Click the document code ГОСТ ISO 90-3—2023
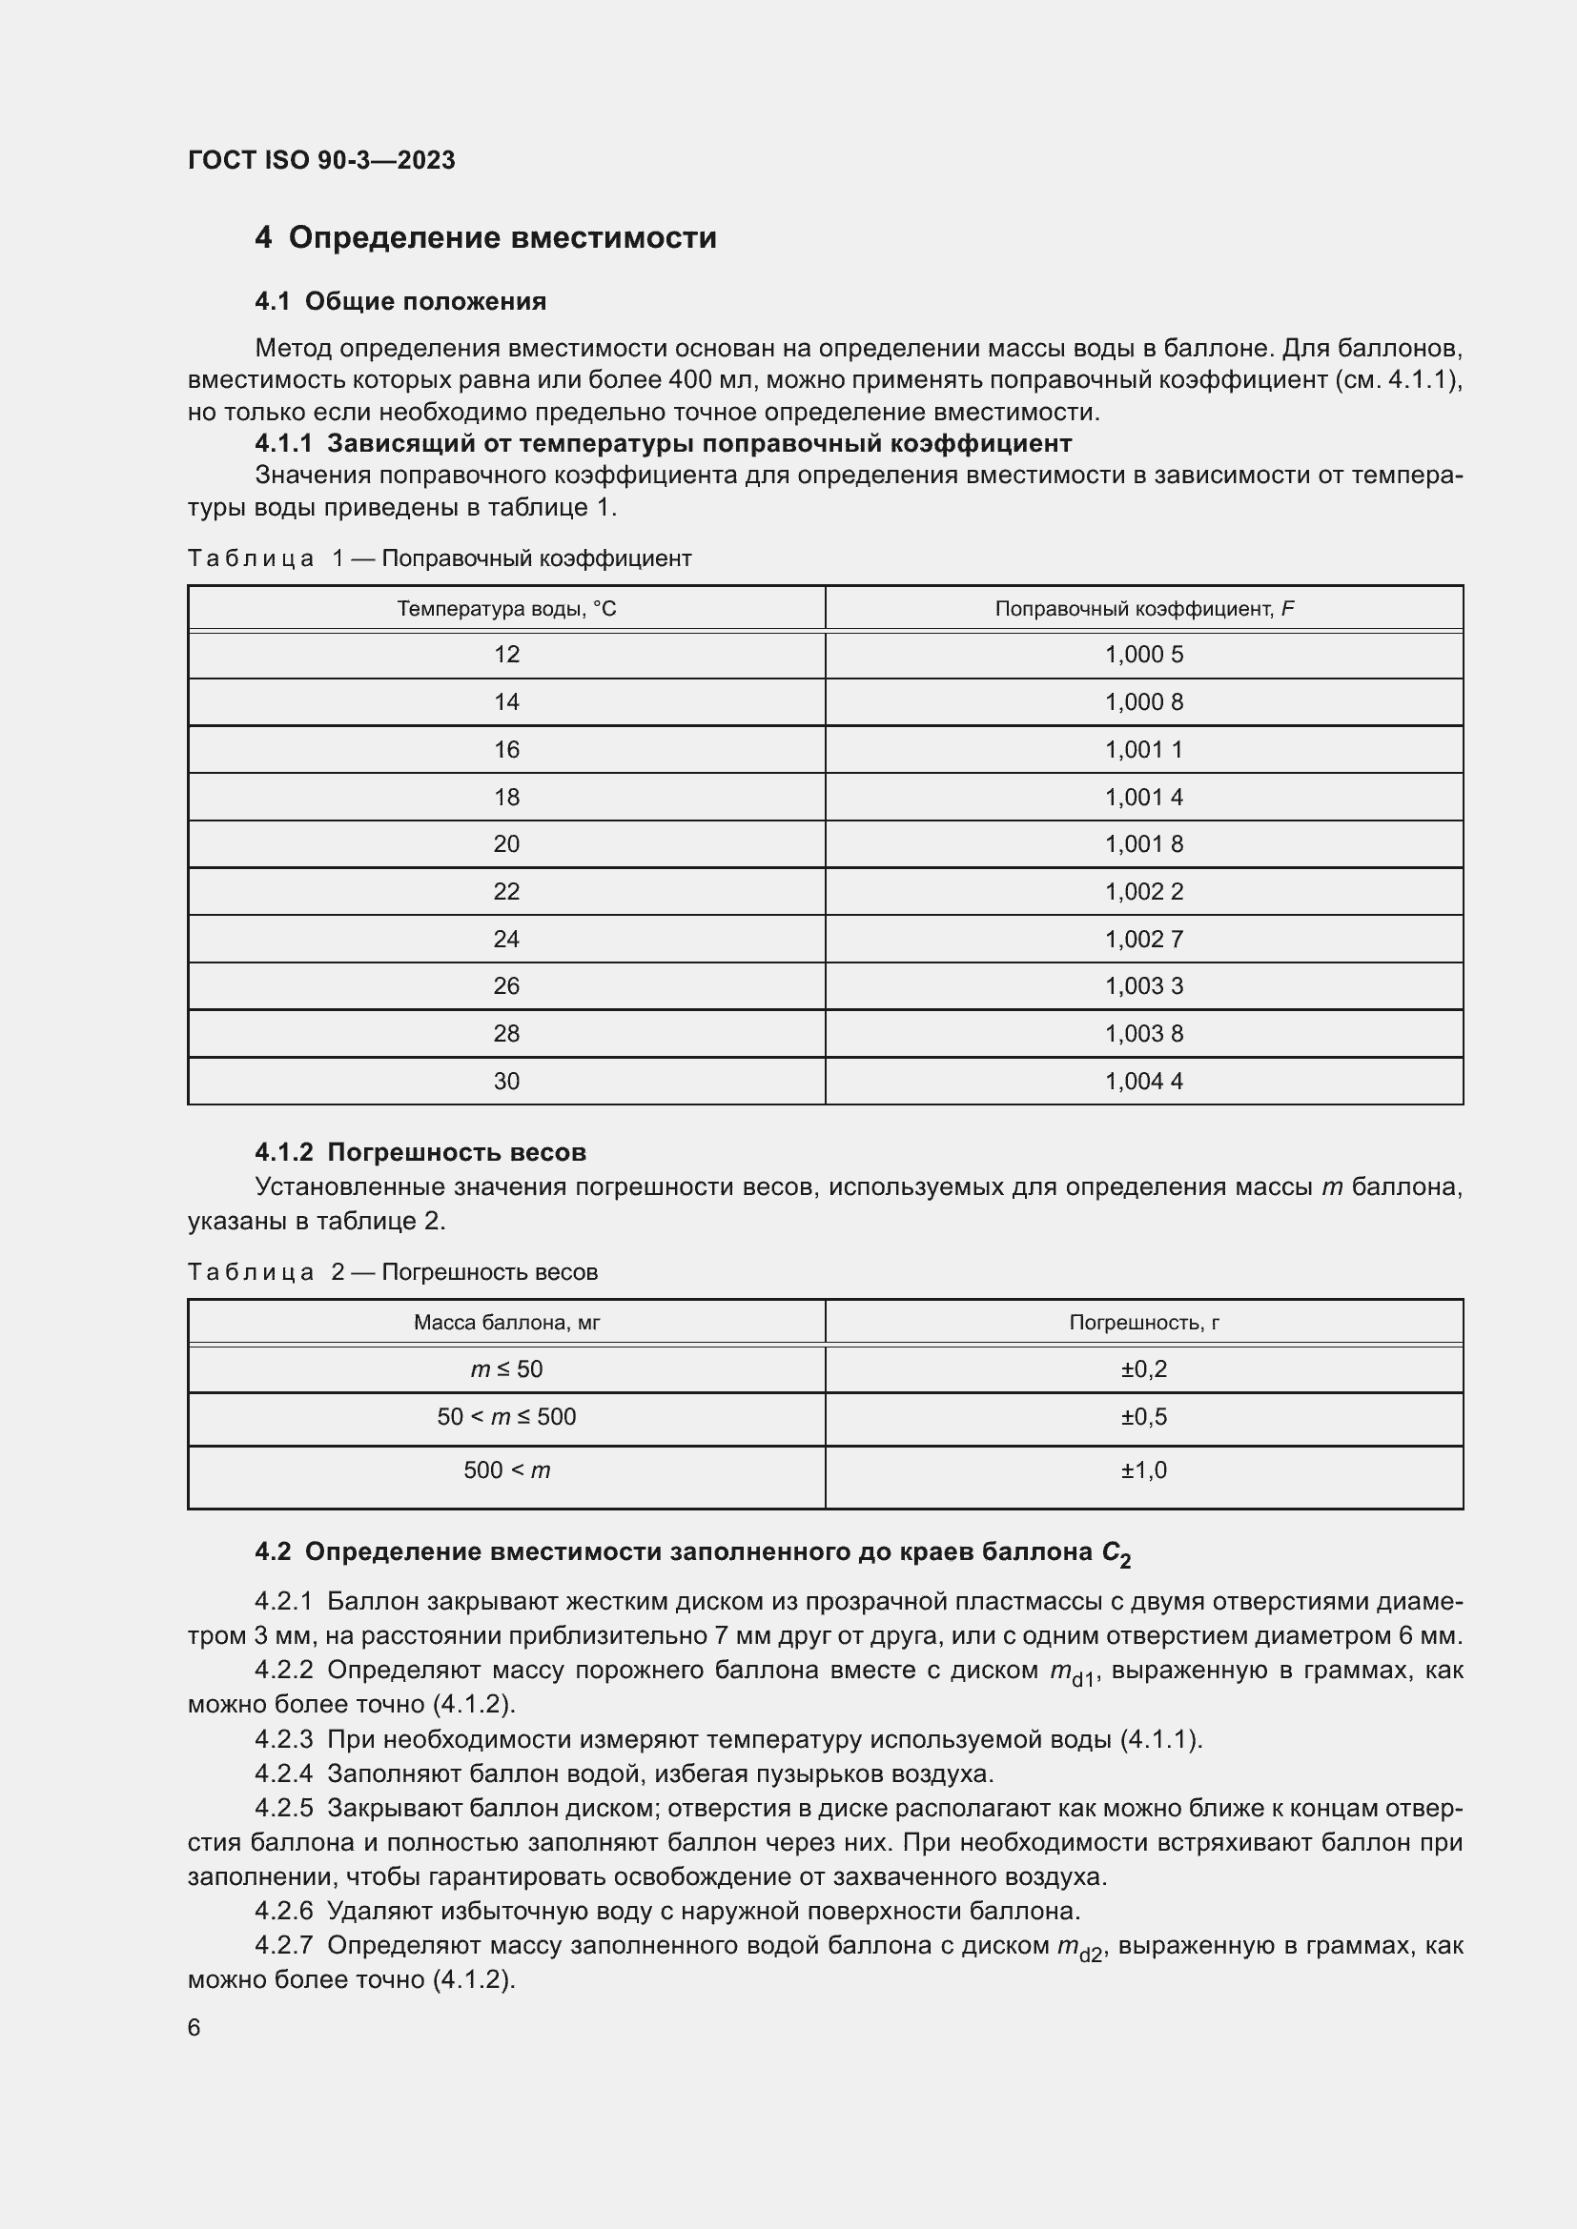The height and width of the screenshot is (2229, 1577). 320,160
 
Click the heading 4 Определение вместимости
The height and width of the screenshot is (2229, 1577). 485,238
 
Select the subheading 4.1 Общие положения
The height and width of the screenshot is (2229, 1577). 400,302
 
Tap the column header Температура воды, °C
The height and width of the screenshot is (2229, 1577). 506,609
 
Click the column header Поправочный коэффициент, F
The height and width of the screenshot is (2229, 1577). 1144,609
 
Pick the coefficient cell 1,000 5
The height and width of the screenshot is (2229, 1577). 1144,655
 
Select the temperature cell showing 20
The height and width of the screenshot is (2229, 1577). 506,843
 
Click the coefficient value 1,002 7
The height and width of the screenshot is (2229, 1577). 1144,939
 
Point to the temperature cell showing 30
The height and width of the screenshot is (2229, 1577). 506,1081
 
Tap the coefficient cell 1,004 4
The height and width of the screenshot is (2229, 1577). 1144,1081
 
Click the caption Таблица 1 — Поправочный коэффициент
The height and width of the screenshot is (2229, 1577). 439,558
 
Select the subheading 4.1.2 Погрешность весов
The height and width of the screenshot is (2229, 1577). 420,1152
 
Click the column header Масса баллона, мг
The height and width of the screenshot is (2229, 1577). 506,1323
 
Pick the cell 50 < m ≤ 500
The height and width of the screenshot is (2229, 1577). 506,1416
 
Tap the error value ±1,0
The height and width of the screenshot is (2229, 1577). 1144,1469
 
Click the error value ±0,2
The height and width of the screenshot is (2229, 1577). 1144,1368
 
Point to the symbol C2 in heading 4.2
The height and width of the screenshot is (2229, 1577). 1116,1554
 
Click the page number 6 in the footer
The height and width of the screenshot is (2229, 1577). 195,2028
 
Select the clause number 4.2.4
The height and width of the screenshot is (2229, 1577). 283,1773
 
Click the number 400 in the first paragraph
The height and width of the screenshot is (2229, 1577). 690,379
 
